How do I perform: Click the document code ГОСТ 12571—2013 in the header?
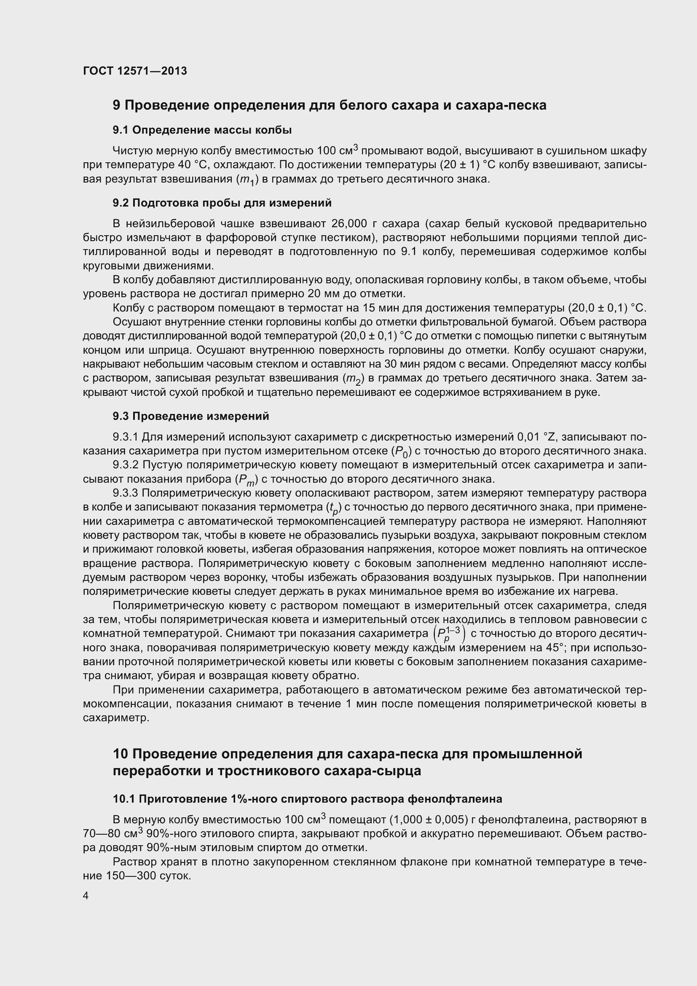pos(135,71)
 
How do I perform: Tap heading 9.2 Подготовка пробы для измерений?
pos(222,203)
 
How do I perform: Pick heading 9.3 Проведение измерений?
pos(190,416)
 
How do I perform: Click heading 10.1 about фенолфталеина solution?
pos(307,799)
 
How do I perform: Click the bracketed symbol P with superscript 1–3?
pos(449,634)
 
